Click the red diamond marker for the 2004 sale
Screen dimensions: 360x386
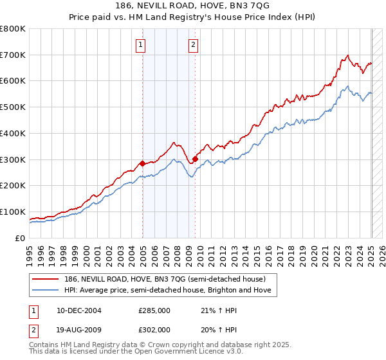click(142, 163)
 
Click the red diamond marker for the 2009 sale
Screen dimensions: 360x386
click(195, 159)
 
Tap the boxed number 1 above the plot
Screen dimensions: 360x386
click(140, 44)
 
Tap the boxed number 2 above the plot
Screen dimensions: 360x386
click(193, 44)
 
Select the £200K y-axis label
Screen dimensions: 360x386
click(14, 186)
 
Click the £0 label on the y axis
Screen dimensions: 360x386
click(20, 238)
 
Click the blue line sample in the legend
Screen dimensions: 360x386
click(45, 290)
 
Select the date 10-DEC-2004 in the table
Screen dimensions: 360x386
click(78, 310)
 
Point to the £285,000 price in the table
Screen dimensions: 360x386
click(154, 310)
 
